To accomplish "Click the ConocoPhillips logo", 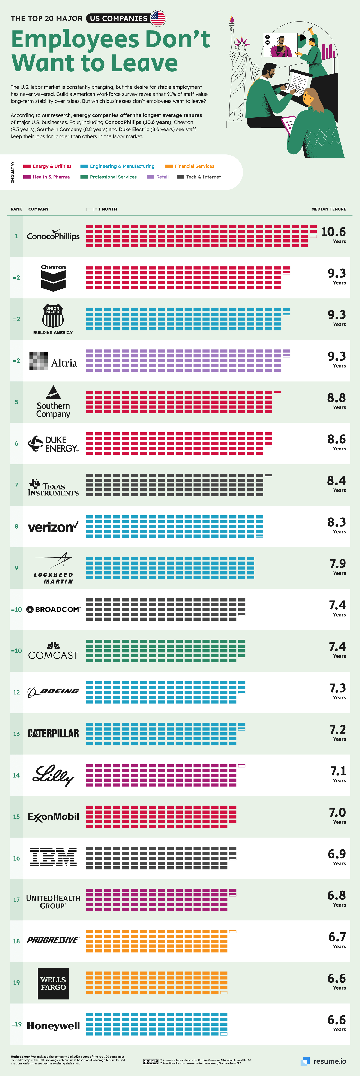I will coord(53,236).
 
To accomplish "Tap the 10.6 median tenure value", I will coord(333,232).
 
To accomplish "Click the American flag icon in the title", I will coord(158,18).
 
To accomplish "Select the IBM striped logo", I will coord(53,857).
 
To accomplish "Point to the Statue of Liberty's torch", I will coord(231,21).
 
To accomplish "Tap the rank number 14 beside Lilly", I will coord(16,775).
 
